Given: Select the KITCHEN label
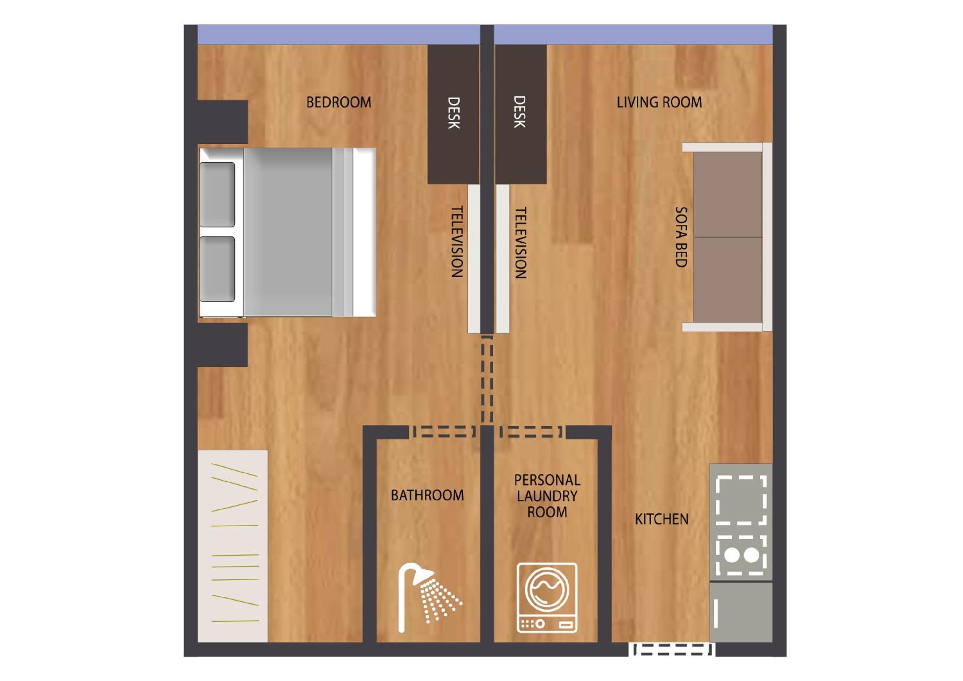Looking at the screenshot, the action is click(x=662, y=519).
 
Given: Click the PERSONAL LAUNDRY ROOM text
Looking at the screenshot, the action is click(x=547, y=496).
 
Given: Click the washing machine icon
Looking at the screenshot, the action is click(x=547, y=598).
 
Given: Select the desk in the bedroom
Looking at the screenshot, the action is click(x=453, y=114).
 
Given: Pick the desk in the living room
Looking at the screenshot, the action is click(x=521, y=114).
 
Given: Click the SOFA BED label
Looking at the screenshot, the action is click(x=681, y=237).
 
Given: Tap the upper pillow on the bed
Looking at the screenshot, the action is click(x=217, y=194).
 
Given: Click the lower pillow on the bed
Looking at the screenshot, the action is click(x=217, y=269).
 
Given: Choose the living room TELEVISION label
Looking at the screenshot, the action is click(x=521, y=243).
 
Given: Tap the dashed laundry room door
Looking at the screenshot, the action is click(x=531, y=431).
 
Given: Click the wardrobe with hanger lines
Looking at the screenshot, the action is click(x=233, y=546).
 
